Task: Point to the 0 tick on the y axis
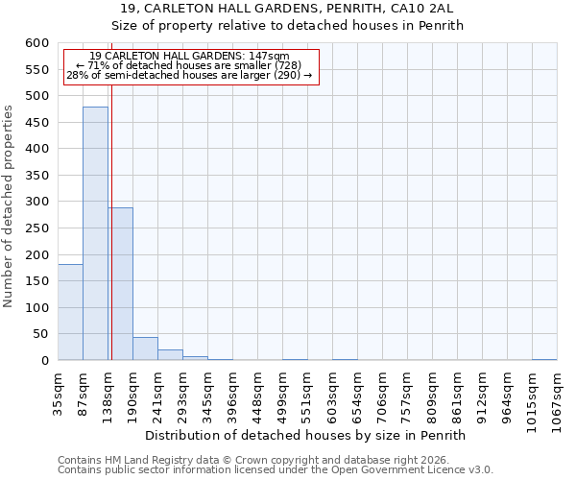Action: pos(45,361)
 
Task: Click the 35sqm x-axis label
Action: pos(58,391)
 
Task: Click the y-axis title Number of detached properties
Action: pos(9,206)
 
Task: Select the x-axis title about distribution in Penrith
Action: pos(311,435)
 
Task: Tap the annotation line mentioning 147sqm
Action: pos(188,56)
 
